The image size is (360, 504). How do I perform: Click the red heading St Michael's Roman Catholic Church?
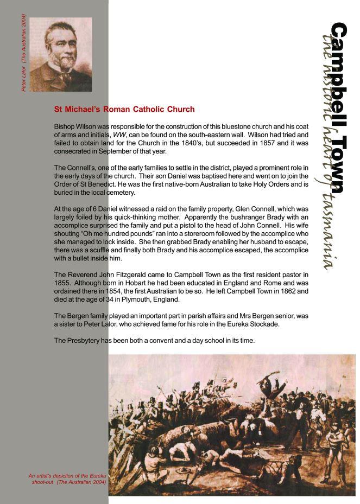(124, 109)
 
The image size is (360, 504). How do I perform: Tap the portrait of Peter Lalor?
(60, 54)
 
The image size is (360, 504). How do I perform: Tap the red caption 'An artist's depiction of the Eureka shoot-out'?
(68, 478)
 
